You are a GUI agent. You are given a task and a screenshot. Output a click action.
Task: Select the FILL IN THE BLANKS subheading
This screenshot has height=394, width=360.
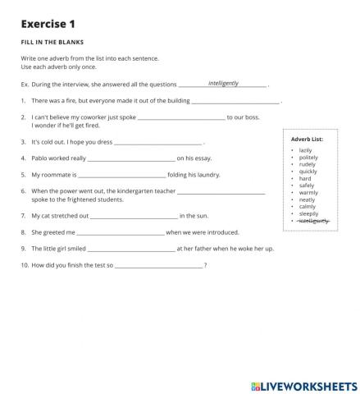pos(52,41)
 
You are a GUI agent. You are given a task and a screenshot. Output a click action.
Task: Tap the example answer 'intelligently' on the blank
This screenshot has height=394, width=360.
pos(223,83)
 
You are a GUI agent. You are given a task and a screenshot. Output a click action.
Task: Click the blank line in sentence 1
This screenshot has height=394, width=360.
pos(235,101)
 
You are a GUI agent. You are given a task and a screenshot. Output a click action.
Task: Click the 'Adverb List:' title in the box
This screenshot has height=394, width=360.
pos(308,140)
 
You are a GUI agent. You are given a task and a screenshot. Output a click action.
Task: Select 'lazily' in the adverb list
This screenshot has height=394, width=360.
pos(305,150)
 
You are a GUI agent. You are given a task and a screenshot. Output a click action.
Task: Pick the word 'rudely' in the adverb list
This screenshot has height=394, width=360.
pos(307,164)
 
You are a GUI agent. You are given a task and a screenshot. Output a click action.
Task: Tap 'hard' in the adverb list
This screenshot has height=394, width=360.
pos(305,178)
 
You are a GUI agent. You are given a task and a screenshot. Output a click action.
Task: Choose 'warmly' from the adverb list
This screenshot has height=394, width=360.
pos(308,192)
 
